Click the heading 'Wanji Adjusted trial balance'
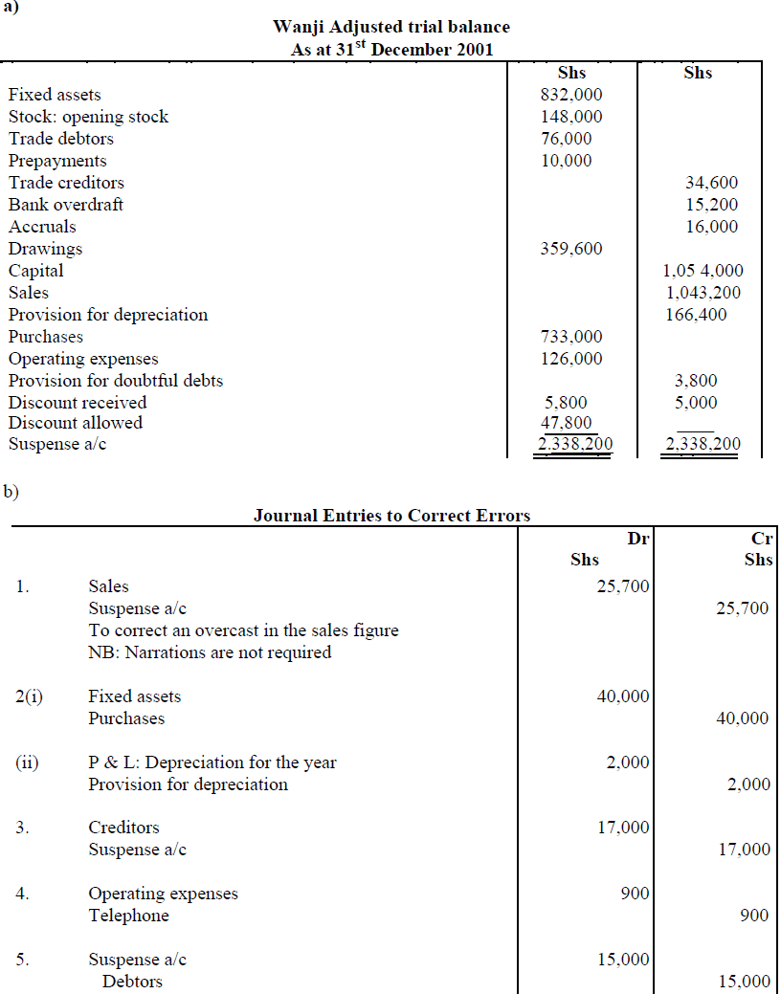click(x=390, y=27)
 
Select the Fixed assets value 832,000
click(x=571, y=95)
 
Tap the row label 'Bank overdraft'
click(x=66, y=205)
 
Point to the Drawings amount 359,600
click(x=571, y=249)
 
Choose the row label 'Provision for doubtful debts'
click(x=116, y=381)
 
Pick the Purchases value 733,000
click(x=571, y=337)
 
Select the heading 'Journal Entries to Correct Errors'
click(x=391, y=516)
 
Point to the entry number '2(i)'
click(x=29, y=696)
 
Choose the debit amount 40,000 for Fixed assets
click(x=623, y=697)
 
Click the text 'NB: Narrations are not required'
click(x=210, y=652)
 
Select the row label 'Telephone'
click(x=128, y=916)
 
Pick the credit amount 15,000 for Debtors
click(x=744, y=982)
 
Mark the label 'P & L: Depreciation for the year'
click(x=212, y=762)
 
